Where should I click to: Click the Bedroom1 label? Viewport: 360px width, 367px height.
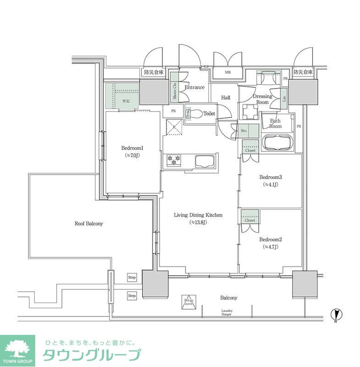click(x=133, y=148)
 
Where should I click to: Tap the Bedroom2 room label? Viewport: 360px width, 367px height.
click(x=270, y=239)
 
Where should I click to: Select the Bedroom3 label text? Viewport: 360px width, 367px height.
click(x=270, y=178)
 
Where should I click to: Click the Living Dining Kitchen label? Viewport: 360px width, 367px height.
click(x=198, y=215)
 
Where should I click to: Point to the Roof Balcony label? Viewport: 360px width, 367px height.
click(x=89, y=224)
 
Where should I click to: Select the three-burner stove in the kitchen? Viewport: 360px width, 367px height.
click(x=175, y=161)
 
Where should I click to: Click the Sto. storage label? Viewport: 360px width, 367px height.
click(x=244, y=131)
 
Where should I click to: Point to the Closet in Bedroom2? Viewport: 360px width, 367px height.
click(x=250, y=217)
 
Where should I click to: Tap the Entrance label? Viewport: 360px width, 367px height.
click(x=194, y=87)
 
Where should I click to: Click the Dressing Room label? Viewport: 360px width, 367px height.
click(x=262, y=99)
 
